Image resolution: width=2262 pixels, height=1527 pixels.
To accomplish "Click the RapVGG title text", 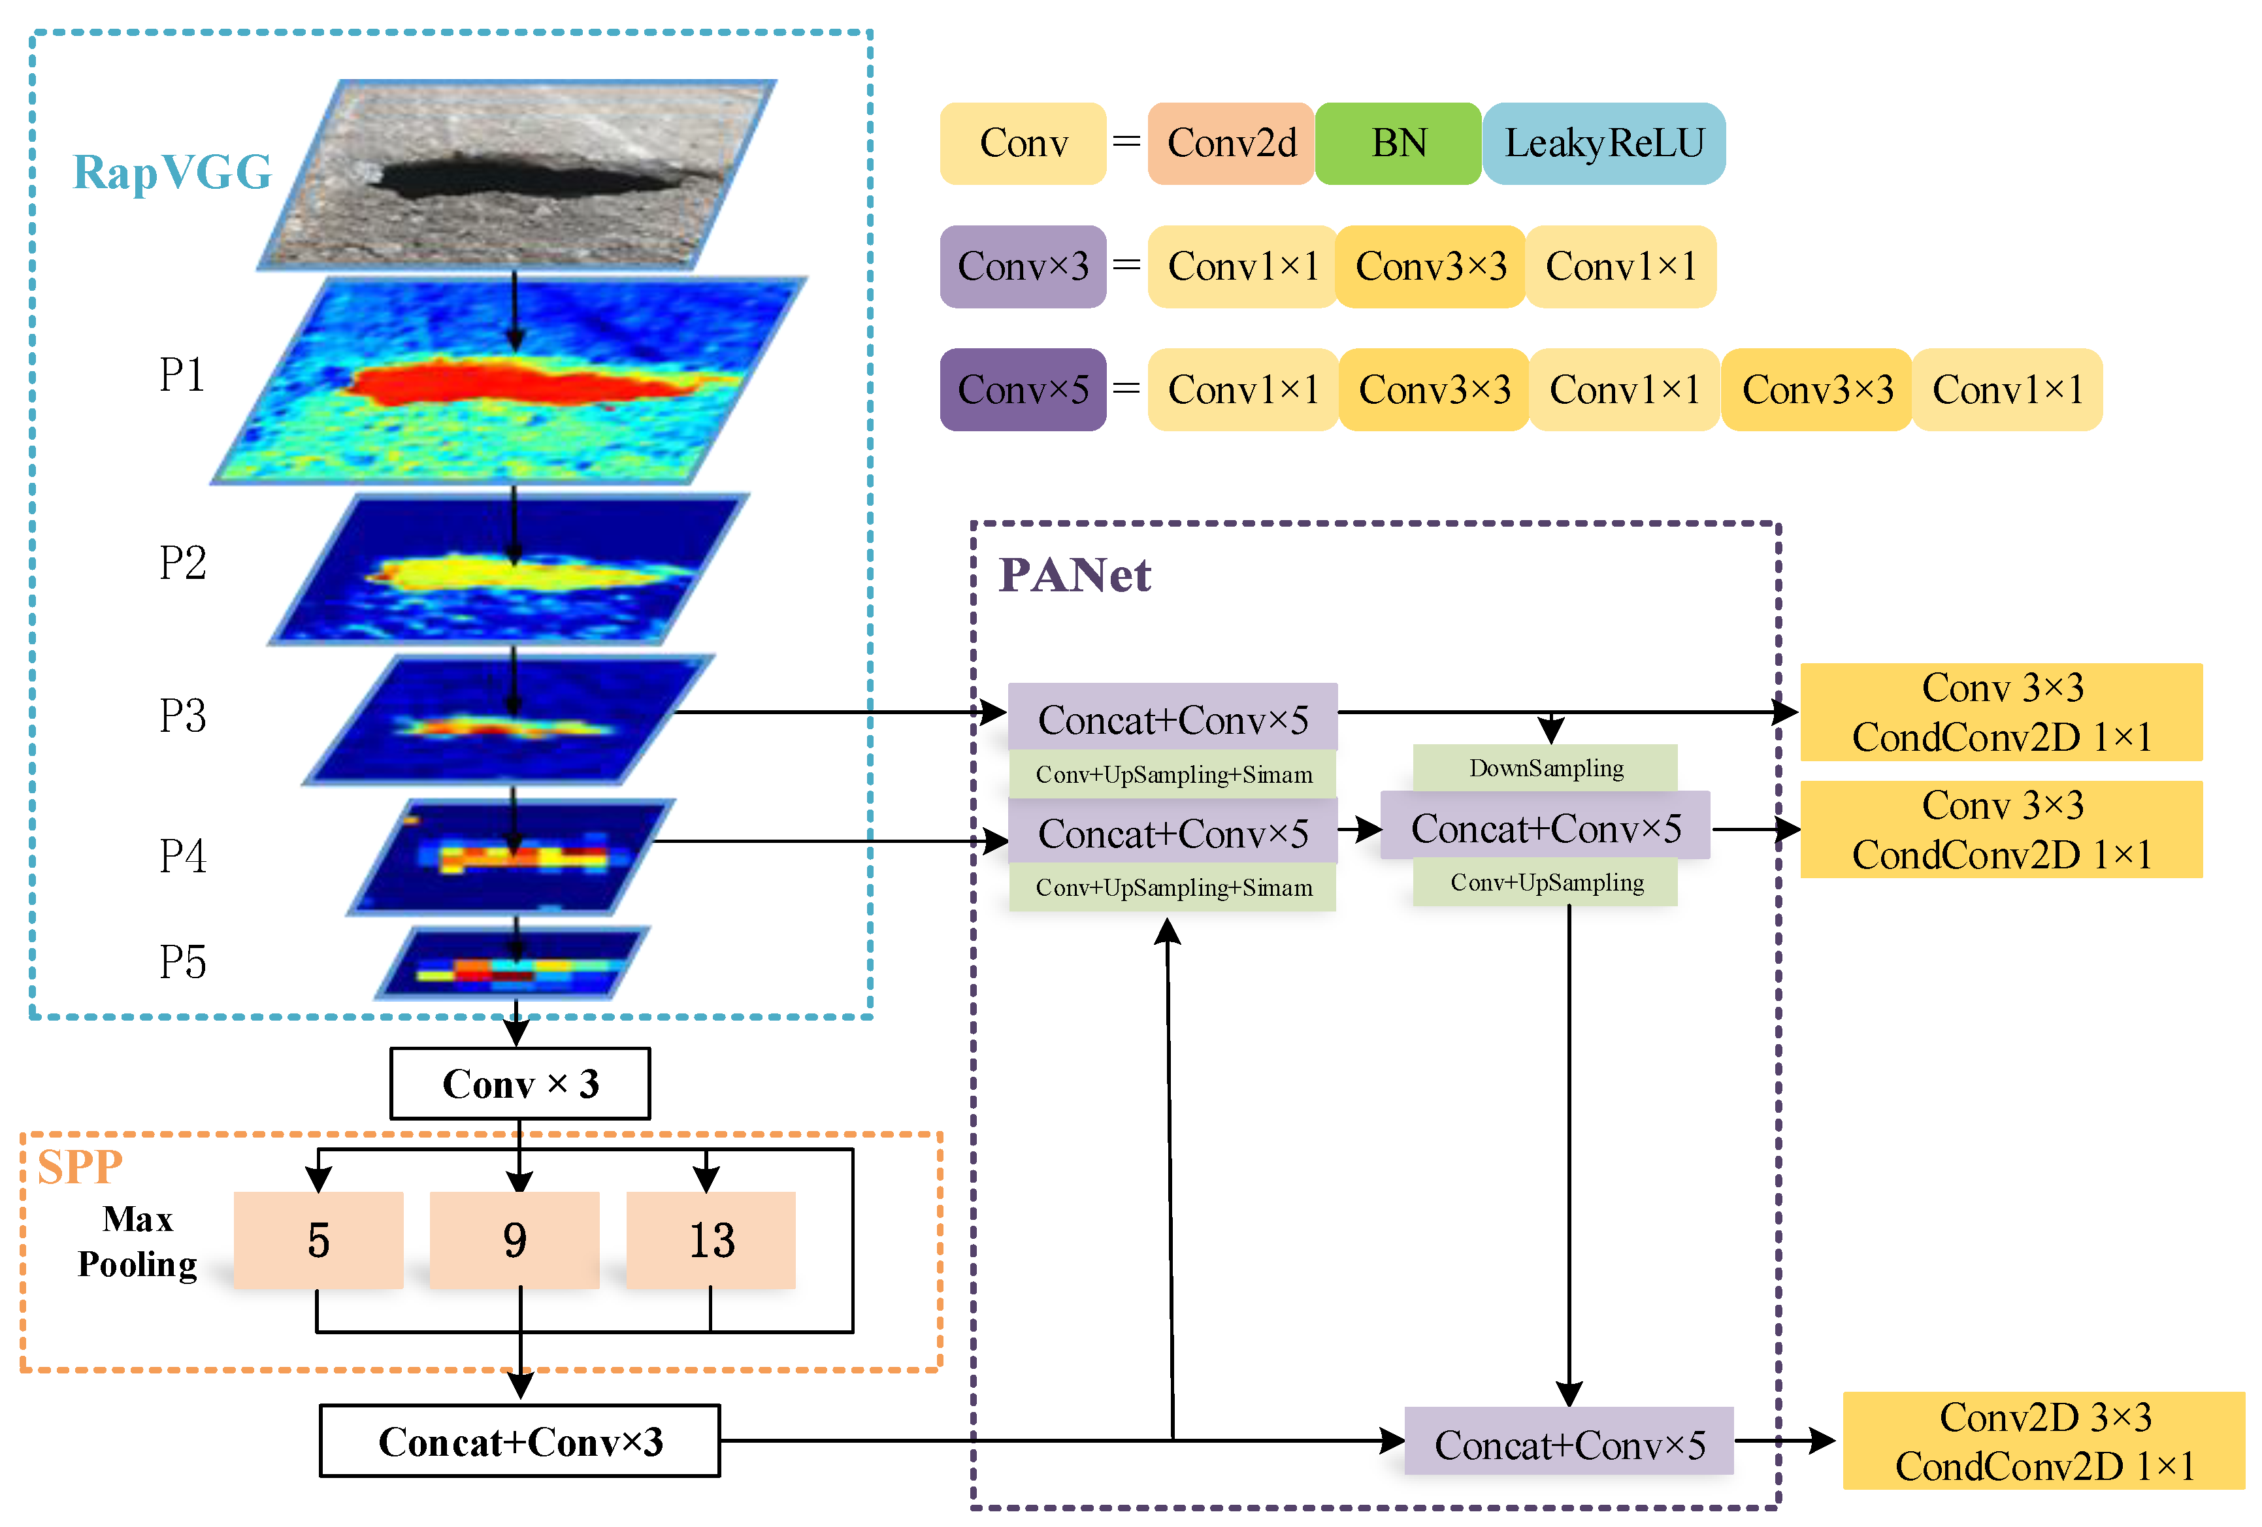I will point(172,172).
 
